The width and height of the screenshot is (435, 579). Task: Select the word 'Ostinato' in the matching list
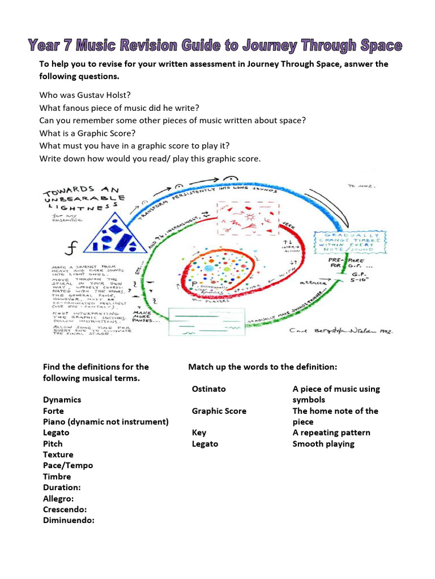[208, 389]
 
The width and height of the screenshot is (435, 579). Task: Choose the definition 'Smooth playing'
[323, 444]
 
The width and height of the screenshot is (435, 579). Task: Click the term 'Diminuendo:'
[69, 520]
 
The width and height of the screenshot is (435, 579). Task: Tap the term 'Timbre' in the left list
[57, 477]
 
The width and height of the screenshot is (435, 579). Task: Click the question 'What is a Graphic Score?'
[87, 133]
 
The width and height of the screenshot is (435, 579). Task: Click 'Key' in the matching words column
[199, 433]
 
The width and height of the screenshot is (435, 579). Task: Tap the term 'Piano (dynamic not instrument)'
[106, 422]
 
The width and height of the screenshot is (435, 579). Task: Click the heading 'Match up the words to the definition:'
[262, 367]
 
